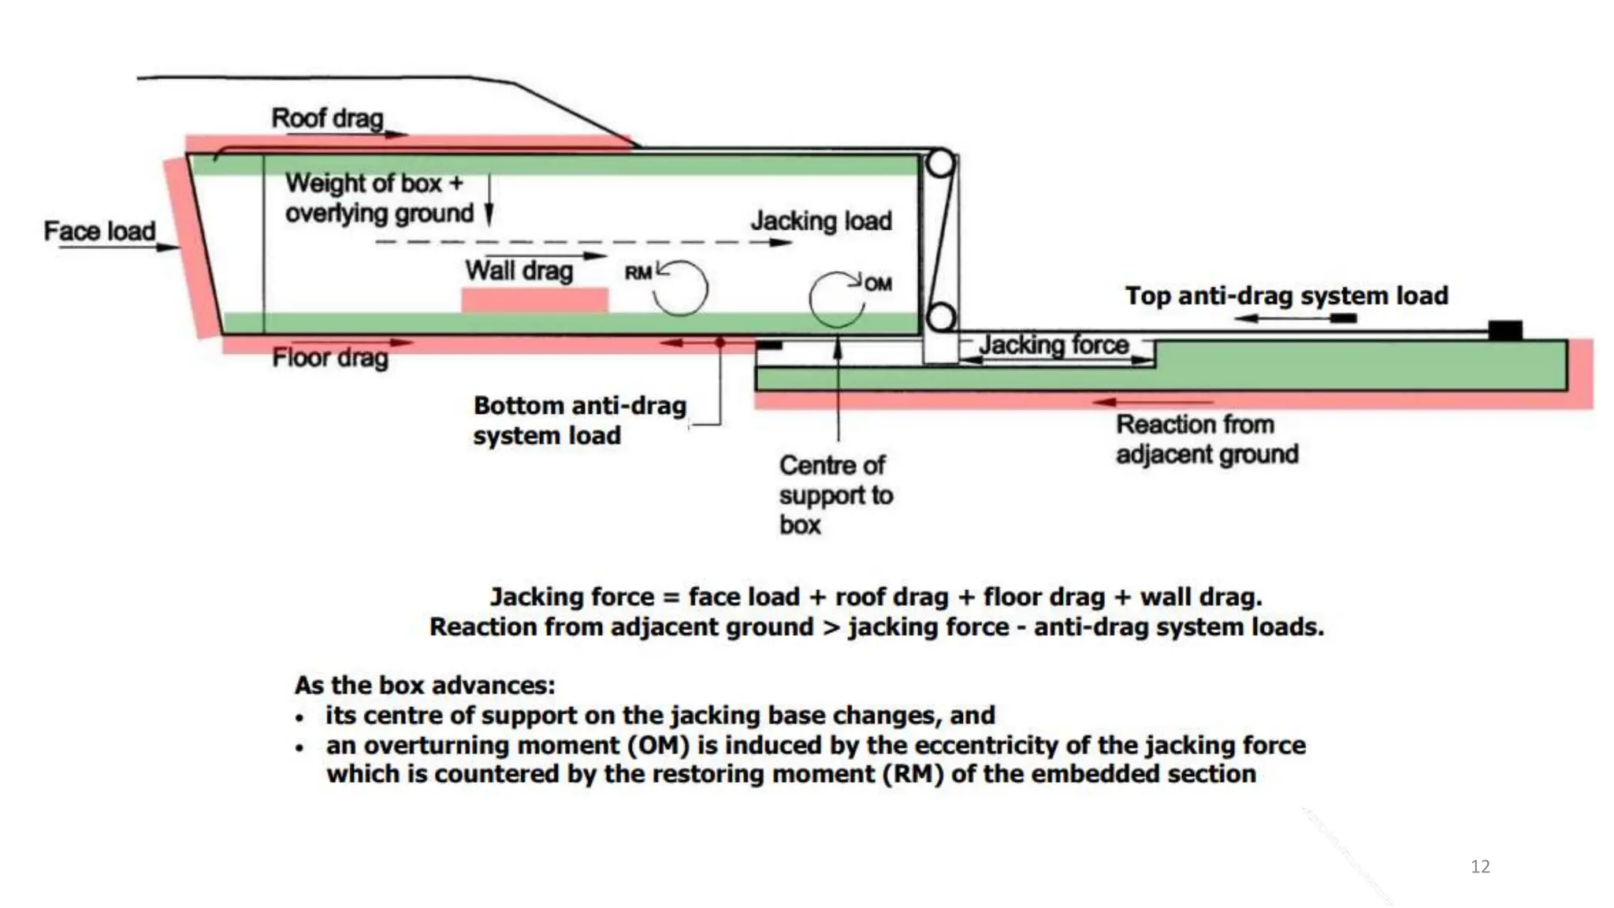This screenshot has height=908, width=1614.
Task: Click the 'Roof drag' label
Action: point(327,118)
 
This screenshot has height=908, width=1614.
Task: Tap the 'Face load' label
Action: point(99,231)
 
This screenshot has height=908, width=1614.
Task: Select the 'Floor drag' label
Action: point(330,358)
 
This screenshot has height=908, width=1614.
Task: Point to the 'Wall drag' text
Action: point(519,270)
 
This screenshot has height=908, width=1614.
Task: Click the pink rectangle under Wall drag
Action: point(534,300)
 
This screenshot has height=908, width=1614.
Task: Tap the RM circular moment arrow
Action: point(681,288)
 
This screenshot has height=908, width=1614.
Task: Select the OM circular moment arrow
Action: point(835,300)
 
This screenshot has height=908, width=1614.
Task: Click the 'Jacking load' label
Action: point(821,221)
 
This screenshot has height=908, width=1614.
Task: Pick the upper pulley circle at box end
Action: point(940,164)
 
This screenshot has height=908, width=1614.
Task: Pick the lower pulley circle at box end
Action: point(940,318)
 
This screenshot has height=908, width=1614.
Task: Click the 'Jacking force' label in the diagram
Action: point(1054,344)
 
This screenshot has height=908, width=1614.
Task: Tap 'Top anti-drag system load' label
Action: point(1286,296)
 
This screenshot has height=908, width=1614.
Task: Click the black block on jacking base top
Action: point(1504,329)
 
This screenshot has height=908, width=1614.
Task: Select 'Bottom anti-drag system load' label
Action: point(579,420)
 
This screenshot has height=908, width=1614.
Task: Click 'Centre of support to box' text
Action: point(835,495)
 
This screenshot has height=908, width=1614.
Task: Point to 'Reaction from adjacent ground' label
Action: point(1207,439)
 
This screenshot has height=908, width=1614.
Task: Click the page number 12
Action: point(1480,866)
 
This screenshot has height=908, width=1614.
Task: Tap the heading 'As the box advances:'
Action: point(425,685)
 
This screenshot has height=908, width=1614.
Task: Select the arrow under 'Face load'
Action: point(118,247)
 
